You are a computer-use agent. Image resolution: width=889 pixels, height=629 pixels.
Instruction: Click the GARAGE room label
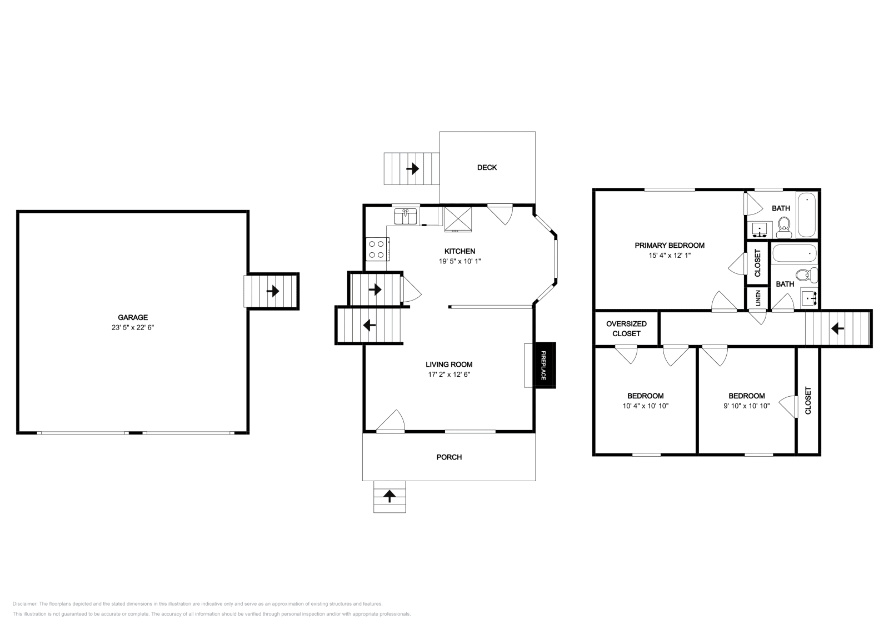click(133, 317)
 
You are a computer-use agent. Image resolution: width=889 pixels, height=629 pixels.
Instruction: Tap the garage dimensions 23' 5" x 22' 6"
click(133, 327)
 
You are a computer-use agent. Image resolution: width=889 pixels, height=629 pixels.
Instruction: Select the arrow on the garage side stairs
click(273, 291)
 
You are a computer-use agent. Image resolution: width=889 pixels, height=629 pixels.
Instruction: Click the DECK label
click(487, 167)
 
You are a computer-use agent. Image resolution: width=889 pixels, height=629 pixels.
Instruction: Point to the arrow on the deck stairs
click(413, 169)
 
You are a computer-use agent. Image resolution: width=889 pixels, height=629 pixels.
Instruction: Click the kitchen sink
click(405, 217)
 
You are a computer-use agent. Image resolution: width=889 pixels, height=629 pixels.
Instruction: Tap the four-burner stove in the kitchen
click(377, 249)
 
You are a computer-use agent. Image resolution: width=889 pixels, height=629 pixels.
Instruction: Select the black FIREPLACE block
click(545, 365)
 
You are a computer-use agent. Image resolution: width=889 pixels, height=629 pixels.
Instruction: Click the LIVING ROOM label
click(449, 365)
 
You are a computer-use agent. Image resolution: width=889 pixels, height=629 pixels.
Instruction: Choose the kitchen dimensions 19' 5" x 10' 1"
click(460, 261)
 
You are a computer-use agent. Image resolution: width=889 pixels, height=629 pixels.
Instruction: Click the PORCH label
click(449, 457)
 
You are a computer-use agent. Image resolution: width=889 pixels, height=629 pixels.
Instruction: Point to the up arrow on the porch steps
click(389, 496)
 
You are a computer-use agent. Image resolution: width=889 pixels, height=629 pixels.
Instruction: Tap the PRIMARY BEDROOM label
click(670, 245)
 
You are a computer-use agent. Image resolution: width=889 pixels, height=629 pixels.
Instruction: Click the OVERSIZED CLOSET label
click(626, 328)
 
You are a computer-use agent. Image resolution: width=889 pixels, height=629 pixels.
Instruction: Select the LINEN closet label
click(758, 298)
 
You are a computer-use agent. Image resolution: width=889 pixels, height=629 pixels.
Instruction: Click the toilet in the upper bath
click(784, 227)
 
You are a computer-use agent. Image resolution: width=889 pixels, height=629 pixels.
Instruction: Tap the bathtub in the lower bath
click(795, 253)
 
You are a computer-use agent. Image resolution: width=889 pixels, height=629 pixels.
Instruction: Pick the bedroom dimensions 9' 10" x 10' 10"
click(747, 406)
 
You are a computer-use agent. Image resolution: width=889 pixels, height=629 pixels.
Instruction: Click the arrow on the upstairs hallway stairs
click(837, 328)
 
